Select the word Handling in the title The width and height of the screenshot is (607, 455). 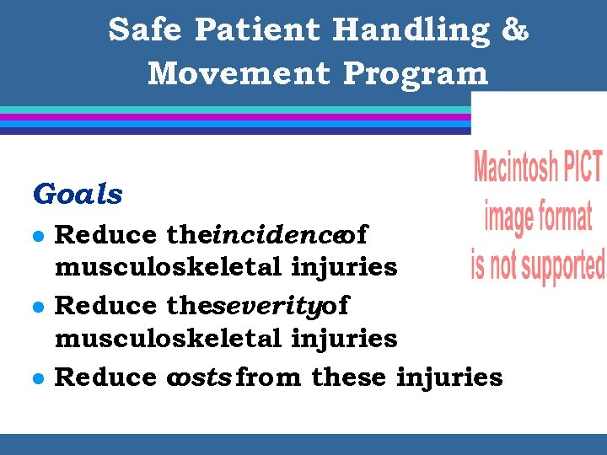(x=411, y=30)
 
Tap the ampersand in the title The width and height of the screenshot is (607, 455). (x=515, y=30)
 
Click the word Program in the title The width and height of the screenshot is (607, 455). (x=416, y=73)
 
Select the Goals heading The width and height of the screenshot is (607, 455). (x=78, y=195)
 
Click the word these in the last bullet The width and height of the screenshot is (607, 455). (x=349, y=377)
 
